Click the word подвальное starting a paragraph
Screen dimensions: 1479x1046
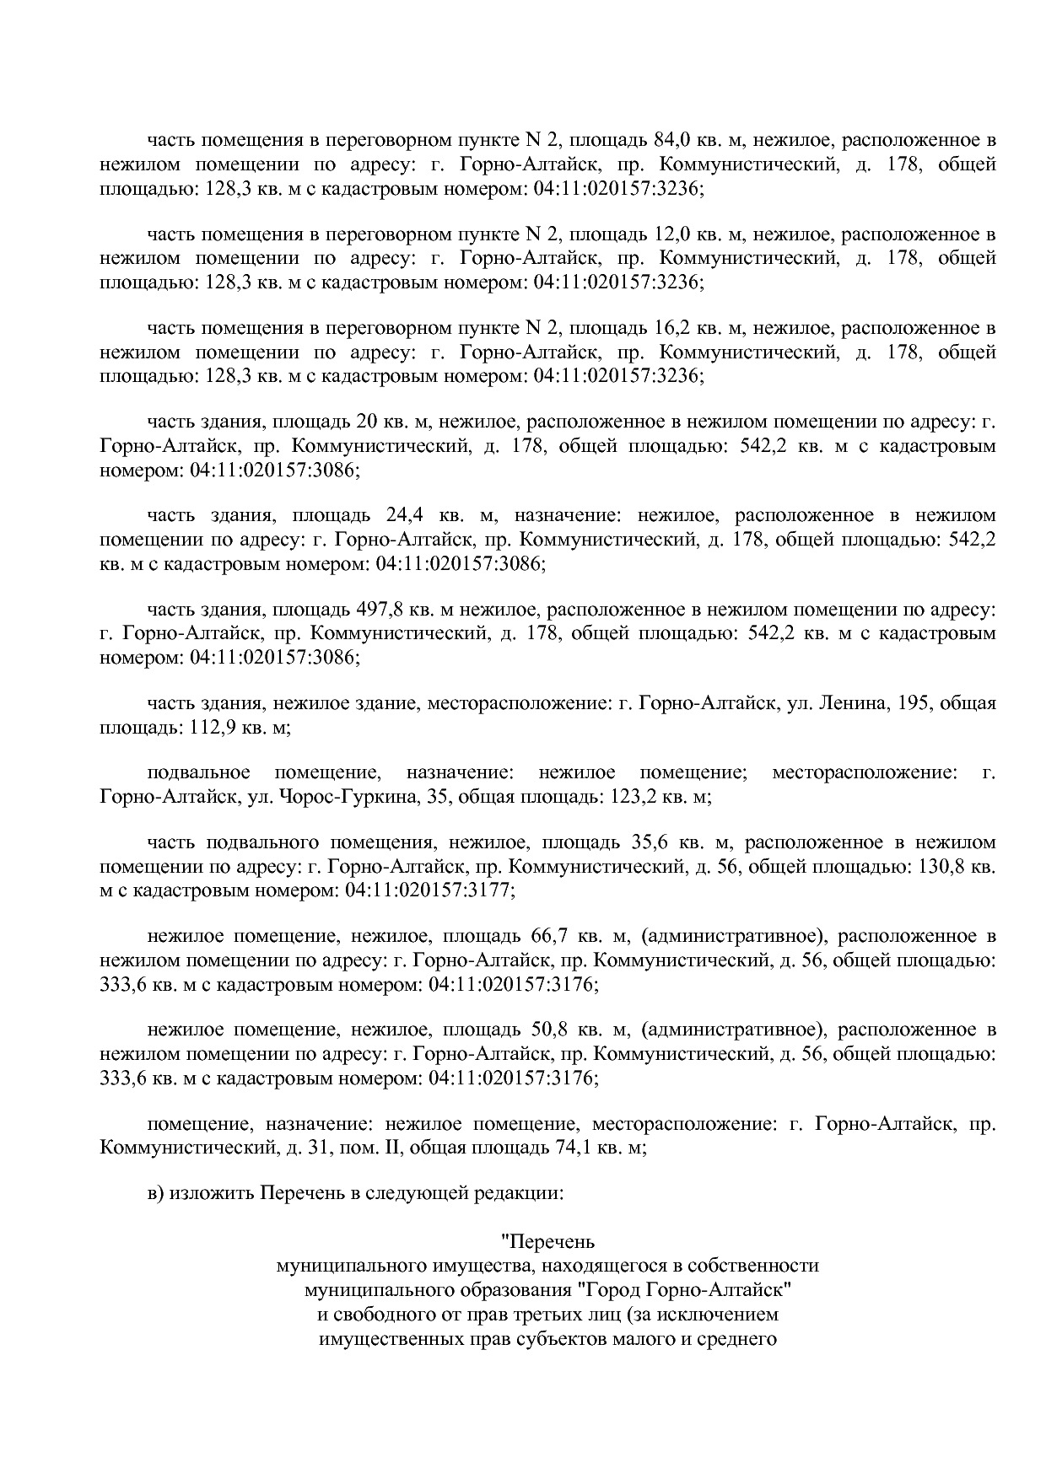198,772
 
